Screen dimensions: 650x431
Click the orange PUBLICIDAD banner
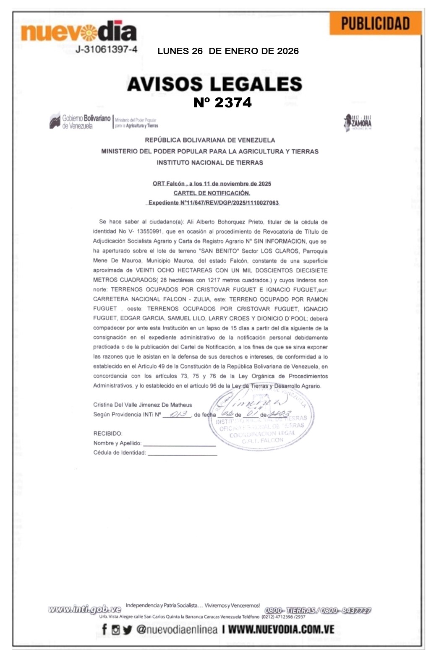375,23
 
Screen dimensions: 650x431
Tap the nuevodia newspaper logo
78,31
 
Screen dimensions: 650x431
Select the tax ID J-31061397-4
106,49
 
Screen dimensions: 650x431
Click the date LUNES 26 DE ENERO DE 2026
228,51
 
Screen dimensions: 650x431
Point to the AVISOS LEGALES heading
214,84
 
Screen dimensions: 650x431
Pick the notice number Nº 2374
222,103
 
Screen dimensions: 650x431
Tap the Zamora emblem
357,122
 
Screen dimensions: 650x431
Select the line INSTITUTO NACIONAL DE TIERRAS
210,163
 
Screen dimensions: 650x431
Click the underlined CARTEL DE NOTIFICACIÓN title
212,193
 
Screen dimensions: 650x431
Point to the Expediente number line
214,203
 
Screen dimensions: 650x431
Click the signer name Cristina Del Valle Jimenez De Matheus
142,405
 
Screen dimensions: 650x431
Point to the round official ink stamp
261,418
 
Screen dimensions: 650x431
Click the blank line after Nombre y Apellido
179,443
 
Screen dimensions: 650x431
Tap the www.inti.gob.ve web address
84,609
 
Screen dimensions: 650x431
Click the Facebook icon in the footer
104,629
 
